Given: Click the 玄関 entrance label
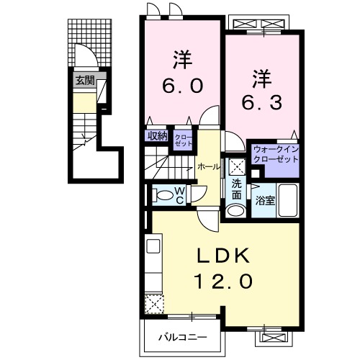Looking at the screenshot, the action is click(85, 81).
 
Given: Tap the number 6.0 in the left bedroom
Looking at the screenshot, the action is click(182, 86).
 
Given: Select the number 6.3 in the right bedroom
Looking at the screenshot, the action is click(262, 103).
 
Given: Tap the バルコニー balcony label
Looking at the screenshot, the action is click(182, 338).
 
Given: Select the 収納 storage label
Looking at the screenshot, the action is click(157, 136).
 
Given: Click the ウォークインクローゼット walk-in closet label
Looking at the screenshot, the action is click(276, 154).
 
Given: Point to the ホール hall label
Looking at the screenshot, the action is click(208, 167).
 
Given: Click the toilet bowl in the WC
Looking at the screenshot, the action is click(163, 194).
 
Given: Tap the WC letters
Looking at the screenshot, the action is click(180, 195).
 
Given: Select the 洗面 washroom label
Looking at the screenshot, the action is click(236, 190).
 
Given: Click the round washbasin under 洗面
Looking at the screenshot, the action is click(236, 211).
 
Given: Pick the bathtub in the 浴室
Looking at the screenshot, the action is click(287, 200).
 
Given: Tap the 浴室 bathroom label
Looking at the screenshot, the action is click(265, 201).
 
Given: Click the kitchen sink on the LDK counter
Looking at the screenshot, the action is click(153, 246).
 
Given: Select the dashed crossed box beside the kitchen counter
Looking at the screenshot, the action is click(155, 304).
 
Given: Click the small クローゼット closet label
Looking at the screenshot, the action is click(184, 140).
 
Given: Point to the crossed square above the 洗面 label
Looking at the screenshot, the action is click(236, 166).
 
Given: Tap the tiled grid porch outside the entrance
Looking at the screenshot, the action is click(90, 42).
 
